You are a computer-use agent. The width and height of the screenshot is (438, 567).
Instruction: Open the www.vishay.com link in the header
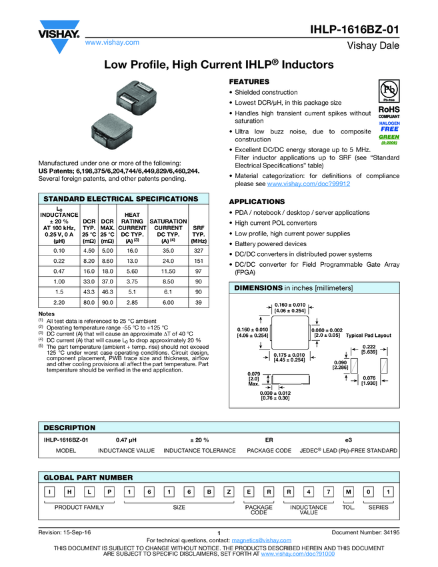pos(112,43)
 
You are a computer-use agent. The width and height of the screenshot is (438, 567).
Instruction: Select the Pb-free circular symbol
pos(389,90)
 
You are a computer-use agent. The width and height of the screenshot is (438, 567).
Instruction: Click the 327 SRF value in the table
pos(198,250)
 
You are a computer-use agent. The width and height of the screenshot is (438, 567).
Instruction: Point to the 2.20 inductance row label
pos(59,303)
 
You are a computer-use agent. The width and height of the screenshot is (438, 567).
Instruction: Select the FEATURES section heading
pos(249,81)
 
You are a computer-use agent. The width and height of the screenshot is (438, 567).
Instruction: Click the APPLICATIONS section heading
pos(257,201)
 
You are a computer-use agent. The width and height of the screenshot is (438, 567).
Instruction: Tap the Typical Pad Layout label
pos(369,335)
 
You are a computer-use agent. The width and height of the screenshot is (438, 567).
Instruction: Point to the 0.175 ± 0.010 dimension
pos(289,357)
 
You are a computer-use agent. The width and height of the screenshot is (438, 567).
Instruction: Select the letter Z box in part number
pos(229,492)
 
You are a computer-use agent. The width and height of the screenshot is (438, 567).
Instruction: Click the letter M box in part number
pos(348,492)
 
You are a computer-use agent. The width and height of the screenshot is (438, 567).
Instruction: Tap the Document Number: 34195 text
pos(365,532)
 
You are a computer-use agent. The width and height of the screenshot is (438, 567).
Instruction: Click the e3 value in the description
pos(348,440)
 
